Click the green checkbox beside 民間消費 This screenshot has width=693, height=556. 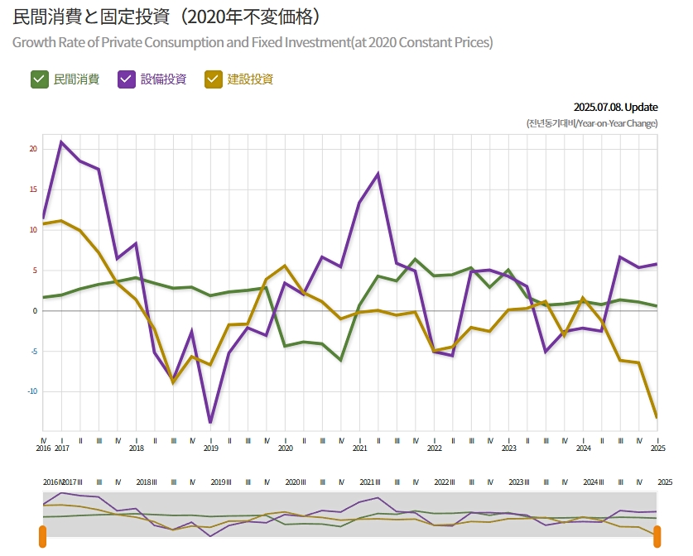[x=39, y=79]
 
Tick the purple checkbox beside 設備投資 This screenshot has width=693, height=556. [x=127, y=79]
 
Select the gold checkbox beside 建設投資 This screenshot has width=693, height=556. [x=213, y=79]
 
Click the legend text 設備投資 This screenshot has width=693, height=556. [x=163, y=79]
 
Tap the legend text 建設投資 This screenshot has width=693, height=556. [x=250, y=79]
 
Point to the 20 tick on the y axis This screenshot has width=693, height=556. [x=33, y=149]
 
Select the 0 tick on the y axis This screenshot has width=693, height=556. [x=35, y=311]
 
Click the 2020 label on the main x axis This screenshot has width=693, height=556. [x=285, y=448]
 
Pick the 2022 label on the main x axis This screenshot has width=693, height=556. [x=434, y=448]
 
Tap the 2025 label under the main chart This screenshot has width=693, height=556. [x=657, y=448]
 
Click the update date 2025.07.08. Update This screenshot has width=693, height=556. [x=615, y=107]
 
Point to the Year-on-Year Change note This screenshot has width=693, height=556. [x=592, y=123]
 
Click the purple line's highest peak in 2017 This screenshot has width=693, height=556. [x=61, y=141]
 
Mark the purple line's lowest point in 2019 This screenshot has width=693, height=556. [x=210, y=423]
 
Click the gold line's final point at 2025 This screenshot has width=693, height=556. [x=657, y=417]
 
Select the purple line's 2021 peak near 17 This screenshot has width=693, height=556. [x=378, y=174]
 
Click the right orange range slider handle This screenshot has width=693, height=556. [x=657, y=536]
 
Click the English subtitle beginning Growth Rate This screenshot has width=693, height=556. [x=253, y=42]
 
